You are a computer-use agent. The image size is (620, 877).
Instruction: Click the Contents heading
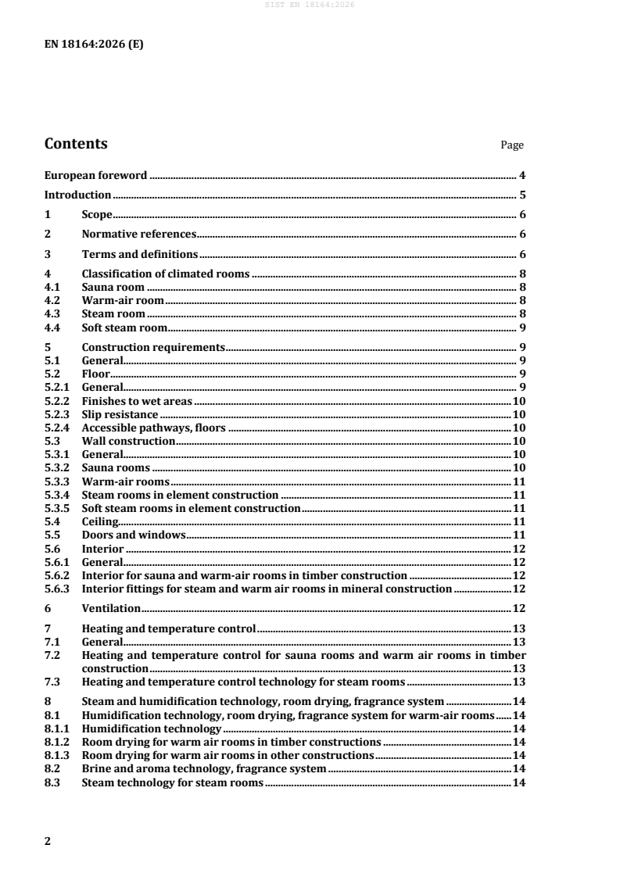(76, 144)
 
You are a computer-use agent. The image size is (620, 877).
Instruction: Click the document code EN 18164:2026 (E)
(94, 45)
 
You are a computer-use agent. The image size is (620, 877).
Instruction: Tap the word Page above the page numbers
(512, 145)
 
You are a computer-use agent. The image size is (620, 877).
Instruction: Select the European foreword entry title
(95, 175)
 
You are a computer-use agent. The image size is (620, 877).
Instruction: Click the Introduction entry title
(77, 195)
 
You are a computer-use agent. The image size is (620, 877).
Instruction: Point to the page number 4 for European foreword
(521, 175)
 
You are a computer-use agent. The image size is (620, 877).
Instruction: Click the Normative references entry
(138, 234)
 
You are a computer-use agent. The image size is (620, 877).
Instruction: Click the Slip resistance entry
(120, 414)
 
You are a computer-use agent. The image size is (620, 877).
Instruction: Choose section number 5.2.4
(57, 428)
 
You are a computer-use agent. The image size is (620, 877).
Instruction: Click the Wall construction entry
(128, 441)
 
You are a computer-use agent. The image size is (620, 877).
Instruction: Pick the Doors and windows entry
(133, 535)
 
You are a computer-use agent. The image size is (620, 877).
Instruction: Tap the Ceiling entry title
(100, 521)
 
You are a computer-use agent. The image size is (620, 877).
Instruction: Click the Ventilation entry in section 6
(111, 608)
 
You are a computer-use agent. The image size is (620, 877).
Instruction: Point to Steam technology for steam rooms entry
(172, 783)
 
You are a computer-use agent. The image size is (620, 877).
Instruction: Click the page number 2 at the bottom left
(48, 841)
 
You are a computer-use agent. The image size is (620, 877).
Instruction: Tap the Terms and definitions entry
(140, 254)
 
